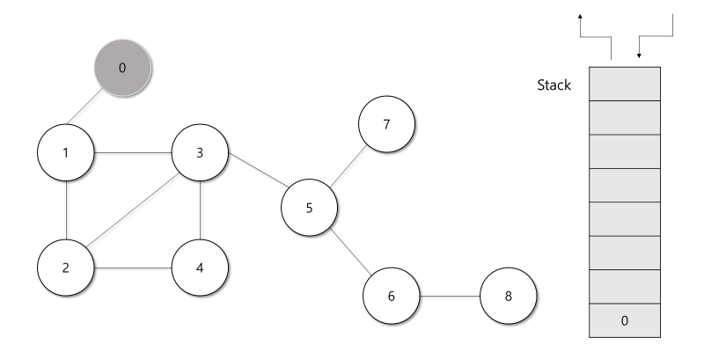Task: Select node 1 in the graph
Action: click(x=67, y=152)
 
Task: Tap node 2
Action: click(x=67, y=267)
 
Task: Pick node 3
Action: click(x=201, y=152)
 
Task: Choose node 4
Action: click(x=201, y=267)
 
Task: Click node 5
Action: click(x=309, y=208)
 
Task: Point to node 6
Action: click(x=392, y=295)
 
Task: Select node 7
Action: click(x=386, y=123)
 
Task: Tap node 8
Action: click(x=508, y=295)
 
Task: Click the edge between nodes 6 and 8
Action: click(x=450, y=295)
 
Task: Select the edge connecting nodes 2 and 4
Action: click(x=134, y=267)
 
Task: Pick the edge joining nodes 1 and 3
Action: click(x=134, y=152)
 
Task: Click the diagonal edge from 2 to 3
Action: click(x=134, y=210)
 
